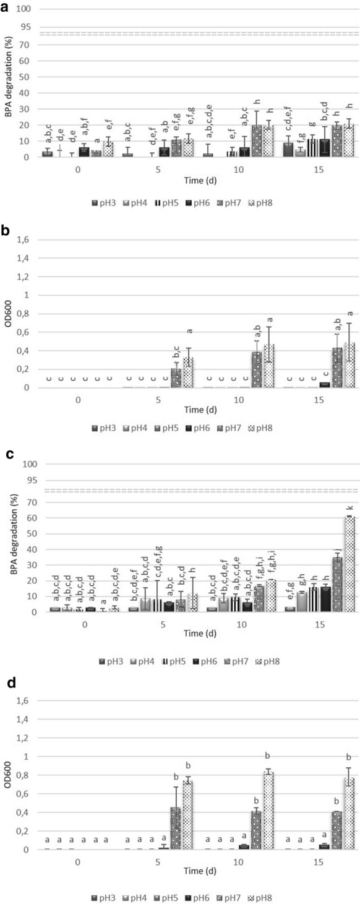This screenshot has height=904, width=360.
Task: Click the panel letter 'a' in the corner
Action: pyautogui.click(x=6, y=7)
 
